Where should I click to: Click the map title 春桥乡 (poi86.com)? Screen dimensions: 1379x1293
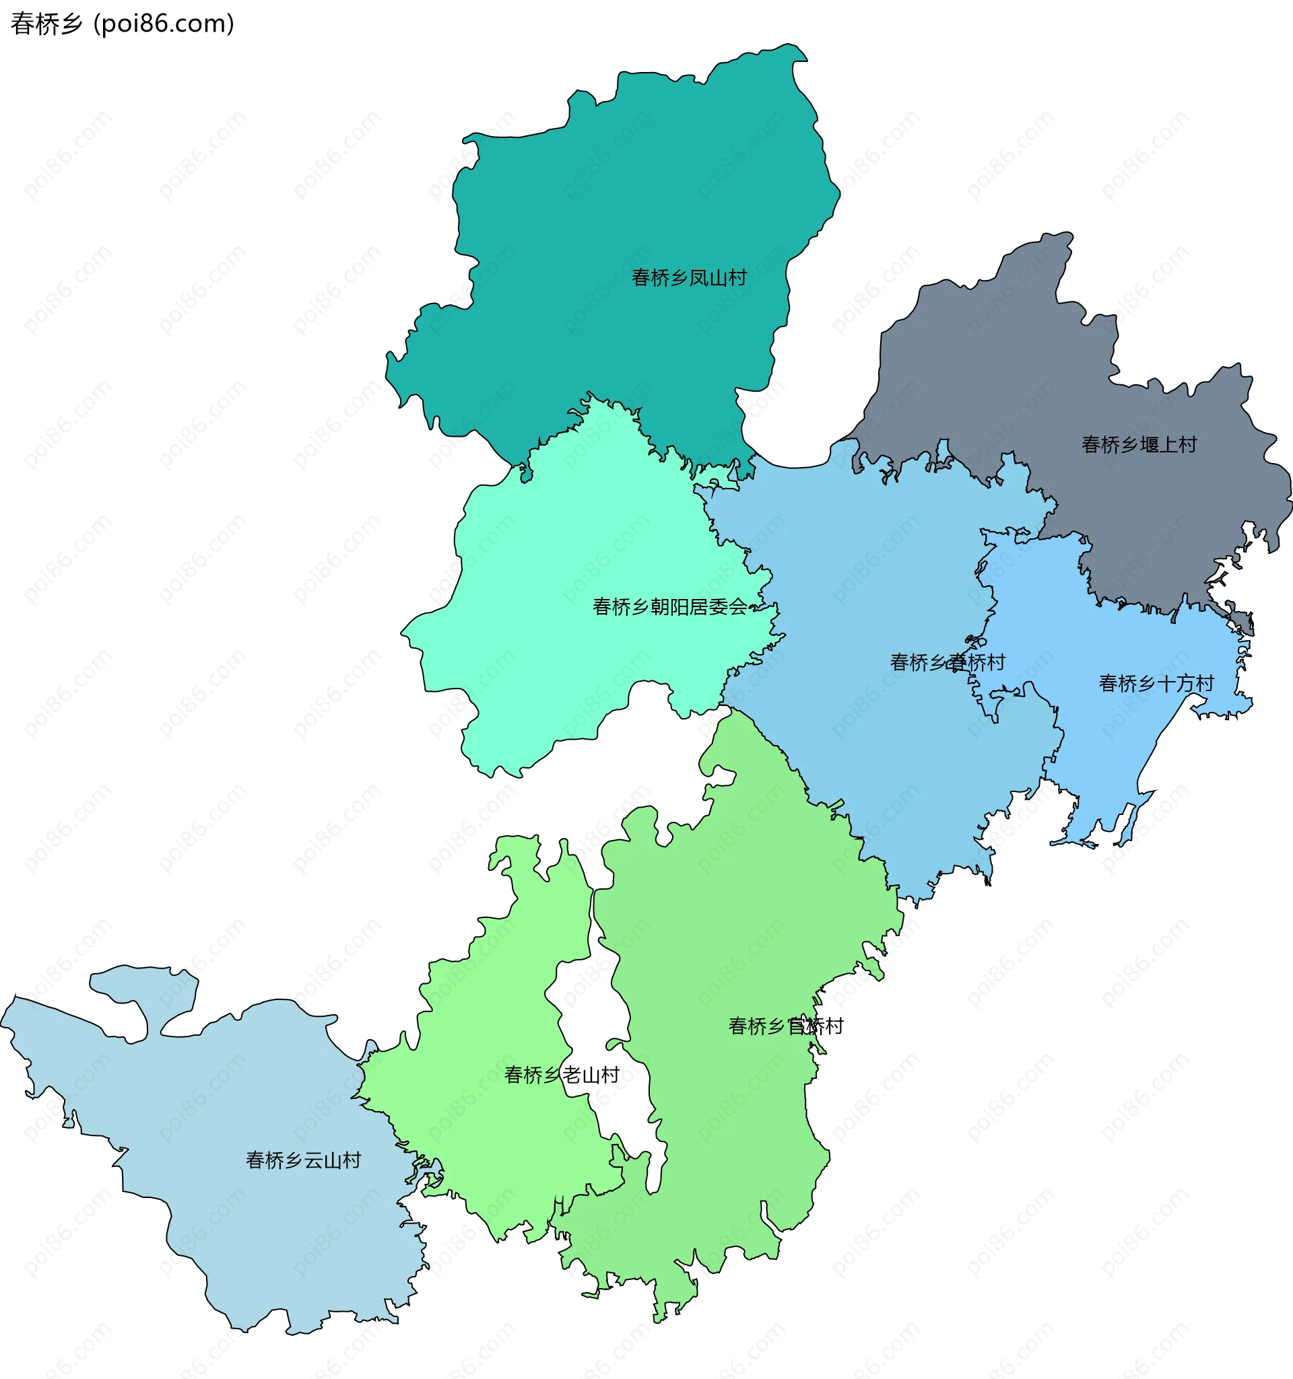[x=122, y=24]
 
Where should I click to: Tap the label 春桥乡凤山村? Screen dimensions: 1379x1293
[x=688, y=278]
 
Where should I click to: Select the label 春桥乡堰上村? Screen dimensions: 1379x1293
[x=1139, y=445]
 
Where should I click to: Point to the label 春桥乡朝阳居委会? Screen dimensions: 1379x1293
[x=670, y=607]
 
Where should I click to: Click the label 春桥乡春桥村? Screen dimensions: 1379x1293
[x=948, y=662]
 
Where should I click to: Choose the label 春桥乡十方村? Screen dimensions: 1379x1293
[x=1156, y=683]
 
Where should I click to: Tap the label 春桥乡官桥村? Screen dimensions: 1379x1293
[x=786, y=1026]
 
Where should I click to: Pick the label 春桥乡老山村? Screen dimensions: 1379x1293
[x=562, y=1075]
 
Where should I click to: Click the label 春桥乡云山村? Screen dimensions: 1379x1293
[x=303, y=1160]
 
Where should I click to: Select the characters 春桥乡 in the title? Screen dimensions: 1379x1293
[x=46, y=24]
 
